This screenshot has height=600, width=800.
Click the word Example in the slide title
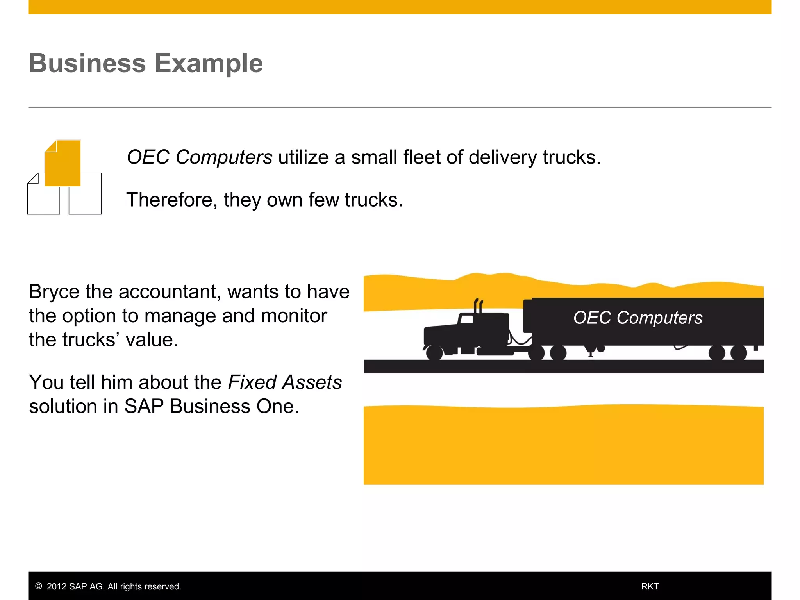tap(209, 63)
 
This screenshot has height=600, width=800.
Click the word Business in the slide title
tap(87, 63)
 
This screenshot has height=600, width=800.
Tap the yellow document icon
tap(63, 163)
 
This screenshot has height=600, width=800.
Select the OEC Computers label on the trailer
tap(637, 318)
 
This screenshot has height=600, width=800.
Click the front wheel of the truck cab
tap(434, 353)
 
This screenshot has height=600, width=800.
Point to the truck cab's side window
tap(466, 319)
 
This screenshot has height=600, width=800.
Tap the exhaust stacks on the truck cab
tap(478, 306)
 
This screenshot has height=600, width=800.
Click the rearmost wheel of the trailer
tap(738, 353)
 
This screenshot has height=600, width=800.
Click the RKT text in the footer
tap(650, 586)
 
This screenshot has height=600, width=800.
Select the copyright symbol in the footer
tap(39, 586)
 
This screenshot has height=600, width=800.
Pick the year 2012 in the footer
tap(57, 586)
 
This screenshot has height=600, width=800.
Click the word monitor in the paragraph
tap(294, 316)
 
